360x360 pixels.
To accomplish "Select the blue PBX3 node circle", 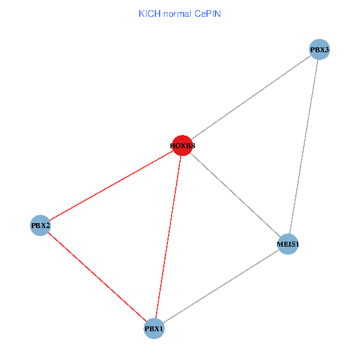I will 320,50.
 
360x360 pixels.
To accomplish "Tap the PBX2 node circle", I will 40,226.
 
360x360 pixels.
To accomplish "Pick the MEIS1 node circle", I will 288,244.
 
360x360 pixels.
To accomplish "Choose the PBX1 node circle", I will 154,329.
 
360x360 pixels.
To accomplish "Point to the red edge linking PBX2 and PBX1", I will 97,277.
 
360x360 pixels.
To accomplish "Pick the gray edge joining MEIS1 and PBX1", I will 221,286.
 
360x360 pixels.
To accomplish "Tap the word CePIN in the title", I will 208,13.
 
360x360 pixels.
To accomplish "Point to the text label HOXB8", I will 182,146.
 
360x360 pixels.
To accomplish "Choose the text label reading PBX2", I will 40,226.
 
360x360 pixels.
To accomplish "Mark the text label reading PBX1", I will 154,329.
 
